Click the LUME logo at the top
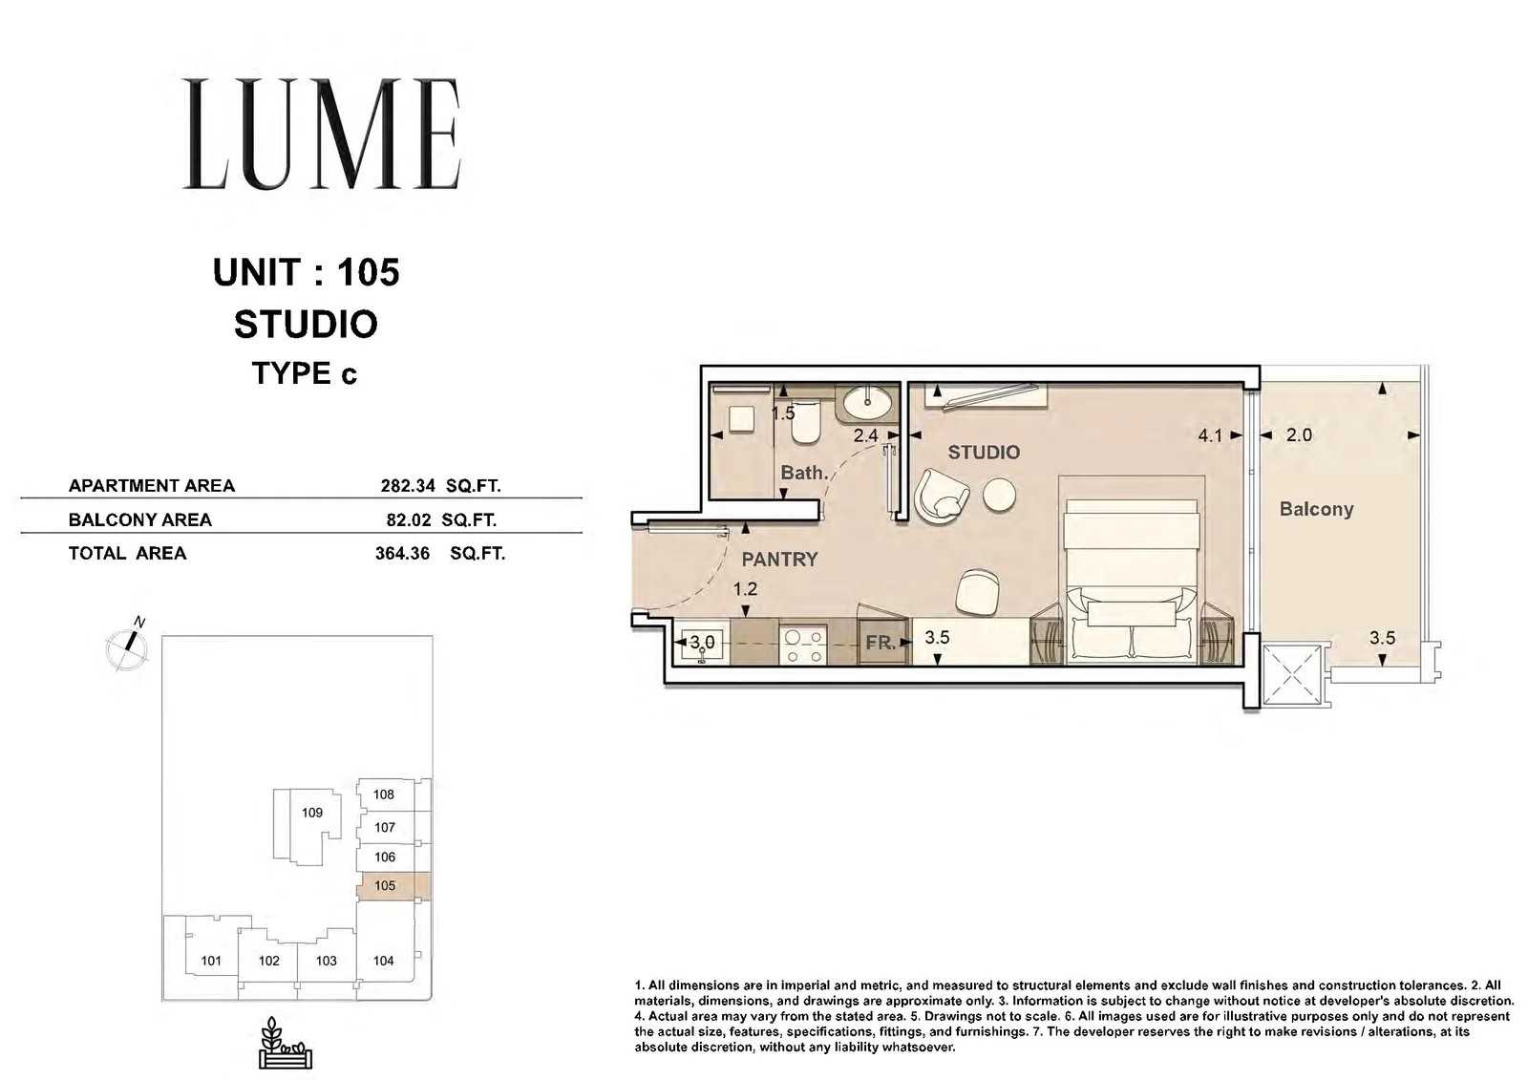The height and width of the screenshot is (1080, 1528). (x=322, y=134)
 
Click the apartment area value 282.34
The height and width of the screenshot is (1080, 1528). (x=407, y=486)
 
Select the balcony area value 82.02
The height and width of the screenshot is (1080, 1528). (x=409, y=519)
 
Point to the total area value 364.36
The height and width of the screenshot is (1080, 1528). (x=402, y=553)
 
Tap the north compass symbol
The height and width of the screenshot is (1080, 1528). (x=128, y=645)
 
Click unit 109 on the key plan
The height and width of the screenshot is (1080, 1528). (x=311, y=813)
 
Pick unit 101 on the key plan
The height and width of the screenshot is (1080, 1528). (x=211, y=961)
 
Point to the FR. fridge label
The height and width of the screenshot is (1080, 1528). (x=880, y=643)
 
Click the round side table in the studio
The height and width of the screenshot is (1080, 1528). (x=999, y=495)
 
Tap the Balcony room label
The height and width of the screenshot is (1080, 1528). (x=1316, y=510)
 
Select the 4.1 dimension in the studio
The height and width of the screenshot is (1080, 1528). (x=1210, y=435)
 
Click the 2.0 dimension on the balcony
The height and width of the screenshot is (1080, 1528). (x=1299, y=435)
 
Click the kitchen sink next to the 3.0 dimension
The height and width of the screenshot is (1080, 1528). (x=701, y=645)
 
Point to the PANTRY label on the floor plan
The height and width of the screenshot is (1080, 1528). (x=779, y=560)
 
